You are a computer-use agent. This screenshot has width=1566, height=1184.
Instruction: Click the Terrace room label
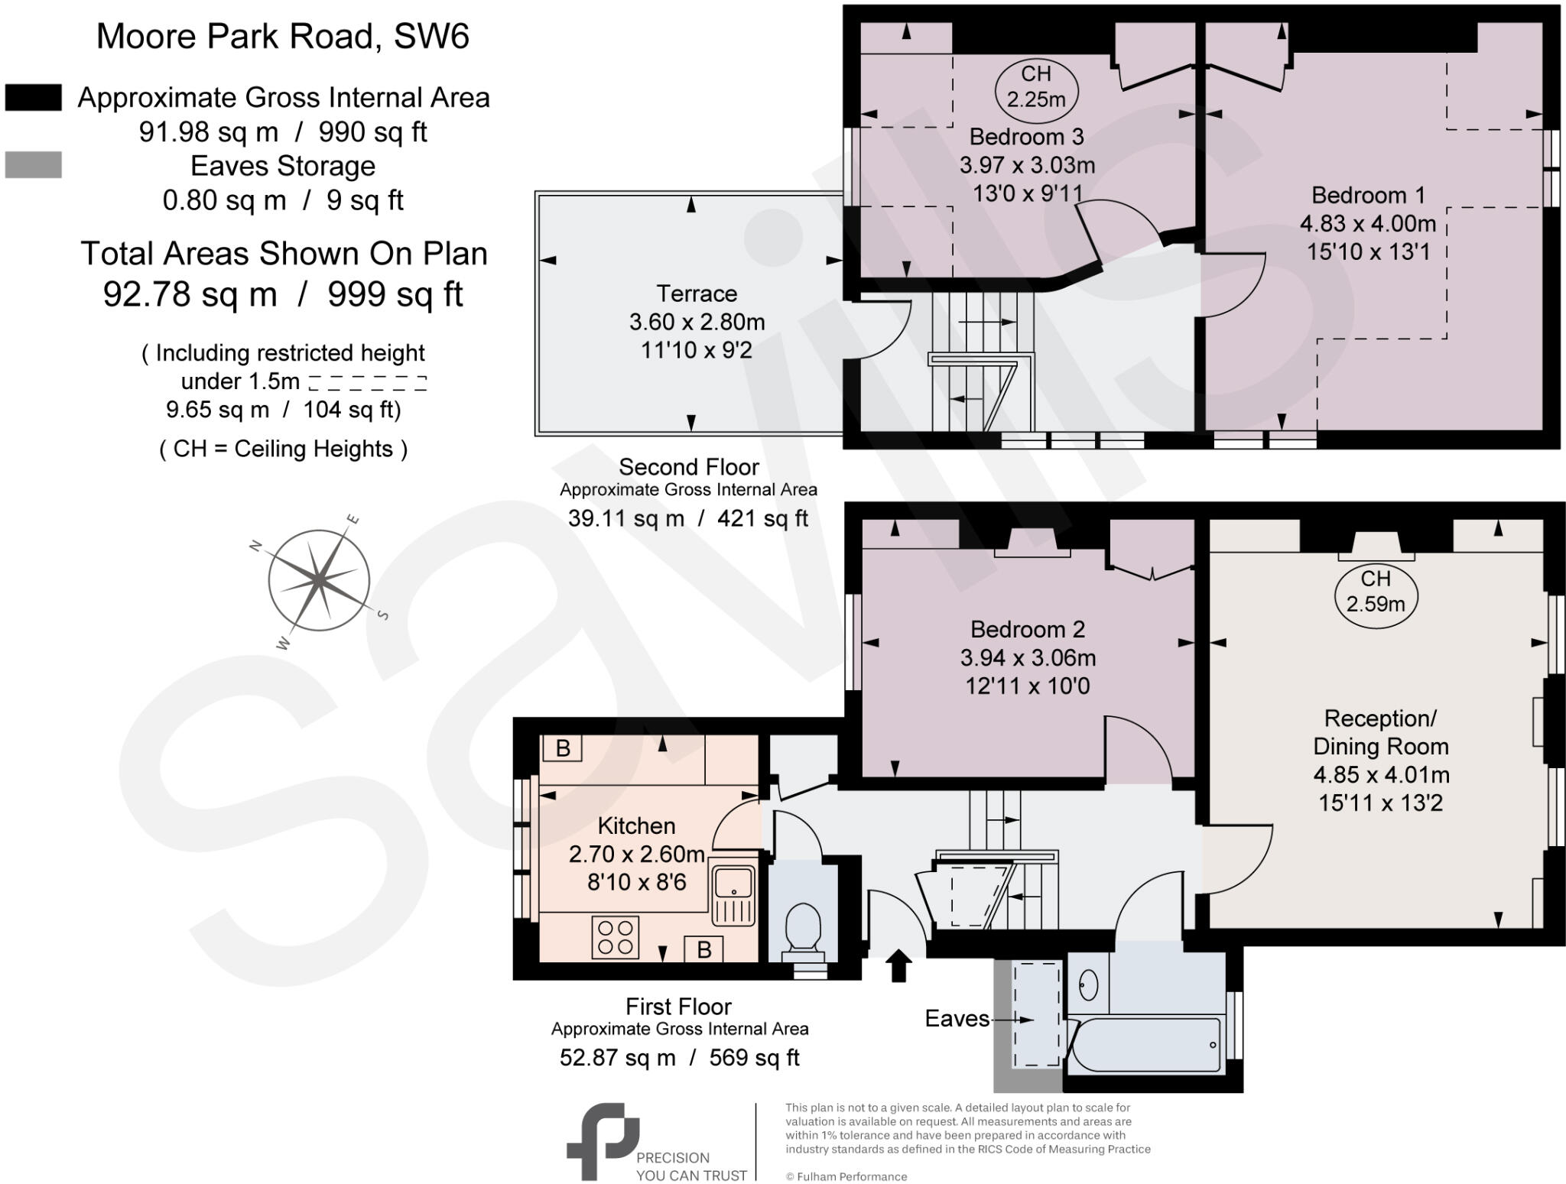coord(697,294)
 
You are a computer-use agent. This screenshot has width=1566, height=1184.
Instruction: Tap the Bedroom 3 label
coord(1026,137)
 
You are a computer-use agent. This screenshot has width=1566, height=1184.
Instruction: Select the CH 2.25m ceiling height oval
coord(1035,87)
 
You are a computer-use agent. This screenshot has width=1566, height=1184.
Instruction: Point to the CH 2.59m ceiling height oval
coord(1375,592)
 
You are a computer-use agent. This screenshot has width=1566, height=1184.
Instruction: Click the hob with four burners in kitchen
coord(616,936)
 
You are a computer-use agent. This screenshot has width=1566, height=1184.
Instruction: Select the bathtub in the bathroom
coord(1145,1044)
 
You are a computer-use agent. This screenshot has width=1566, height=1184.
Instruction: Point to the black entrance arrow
coord(898,965)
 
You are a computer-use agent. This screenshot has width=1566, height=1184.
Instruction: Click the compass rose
coord(319,581)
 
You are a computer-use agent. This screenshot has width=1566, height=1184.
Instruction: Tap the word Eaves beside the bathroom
coord(957,1018)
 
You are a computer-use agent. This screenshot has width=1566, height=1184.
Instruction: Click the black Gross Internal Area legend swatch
coord(34,98)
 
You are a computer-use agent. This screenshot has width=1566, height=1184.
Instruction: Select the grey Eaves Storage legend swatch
coord(34,165)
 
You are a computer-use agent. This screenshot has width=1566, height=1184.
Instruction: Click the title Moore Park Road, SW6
coord(282,36)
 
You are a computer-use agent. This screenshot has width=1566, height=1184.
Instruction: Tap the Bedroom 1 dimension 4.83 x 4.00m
coord(1367,224)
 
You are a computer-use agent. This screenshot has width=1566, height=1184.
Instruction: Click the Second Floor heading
coord(688,466)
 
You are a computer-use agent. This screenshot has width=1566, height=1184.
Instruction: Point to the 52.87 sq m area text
coord(617,1057)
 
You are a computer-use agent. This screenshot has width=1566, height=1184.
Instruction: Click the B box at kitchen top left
coord(562,748)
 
